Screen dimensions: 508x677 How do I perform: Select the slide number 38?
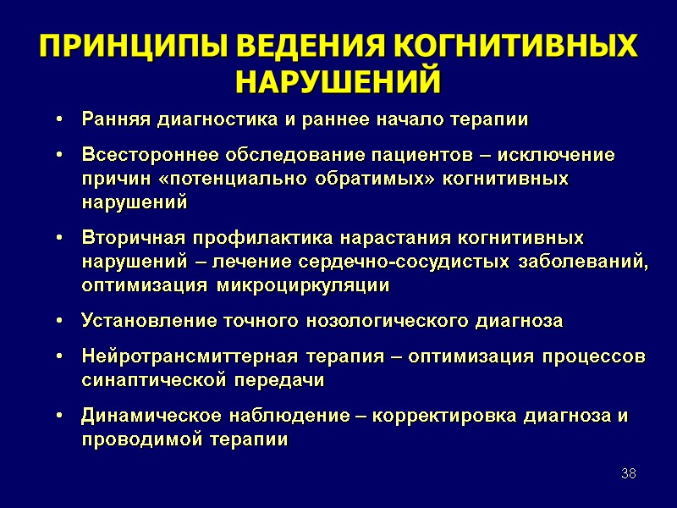(x=628, y=472)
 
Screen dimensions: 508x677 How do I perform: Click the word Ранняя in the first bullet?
(x=113, y=119)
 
